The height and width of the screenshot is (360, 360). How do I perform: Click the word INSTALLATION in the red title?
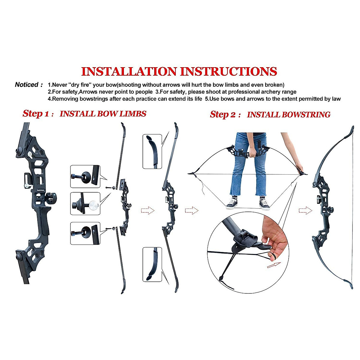129,71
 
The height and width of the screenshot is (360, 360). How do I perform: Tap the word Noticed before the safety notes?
26,85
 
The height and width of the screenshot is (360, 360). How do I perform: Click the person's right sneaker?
232,203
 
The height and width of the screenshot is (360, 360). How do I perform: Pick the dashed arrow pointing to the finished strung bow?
305,211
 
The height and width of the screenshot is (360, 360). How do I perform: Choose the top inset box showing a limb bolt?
85,176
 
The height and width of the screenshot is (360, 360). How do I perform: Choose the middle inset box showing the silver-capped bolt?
85,204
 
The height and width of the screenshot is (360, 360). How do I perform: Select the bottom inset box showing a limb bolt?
85,233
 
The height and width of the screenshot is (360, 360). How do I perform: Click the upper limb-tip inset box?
152,151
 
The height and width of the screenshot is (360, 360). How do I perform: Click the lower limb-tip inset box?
152,264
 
